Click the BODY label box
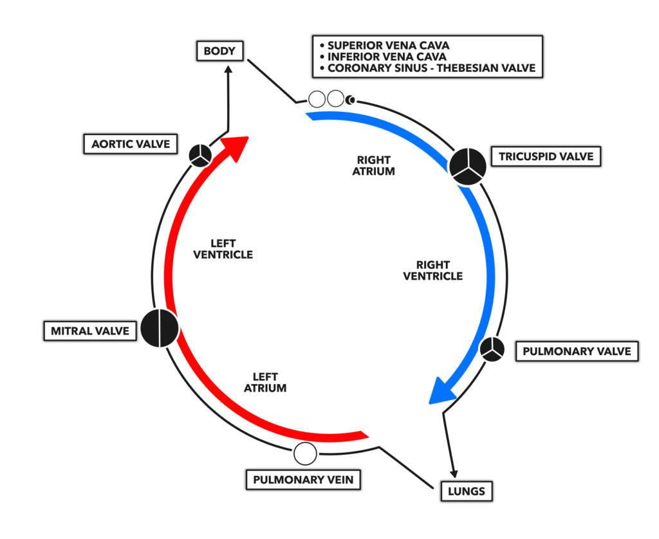pyautogui.click(x=220, y=51)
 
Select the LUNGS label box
pyautogui.click(x=467, y=491)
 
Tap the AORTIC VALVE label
pyautogui.click(x=131, y=144)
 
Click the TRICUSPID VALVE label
pyautogui.click(x=546, y=157)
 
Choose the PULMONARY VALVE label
pyautogui.click(x=577, y=351)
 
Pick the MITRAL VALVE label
pyautogui.click(x=90, y=331)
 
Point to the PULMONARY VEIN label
pyautogui.click(x=303, y=480)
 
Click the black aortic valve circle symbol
pyautogui.click(x=200, y=156)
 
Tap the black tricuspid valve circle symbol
pyautogui.click(x=468, y=167)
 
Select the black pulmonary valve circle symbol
pyautogui.click(x=492, y=349)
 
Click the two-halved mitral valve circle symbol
pyautogui.click(x=160, y=328)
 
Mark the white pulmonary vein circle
pyautogui.click(x=305, y=453)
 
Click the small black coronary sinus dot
pyautogui.click(x=350, y=100)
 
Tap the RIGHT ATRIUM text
pyautogui.click(x=374, y=165)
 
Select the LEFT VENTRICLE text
pyautogui.click(x=223, y=249)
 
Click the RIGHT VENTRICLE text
pyautogui.click(x=433, y=271)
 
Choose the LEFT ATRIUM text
pyautogui.click(x=265, y=382)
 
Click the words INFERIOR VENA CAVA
pyautogui.click(x=387, y=57)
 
